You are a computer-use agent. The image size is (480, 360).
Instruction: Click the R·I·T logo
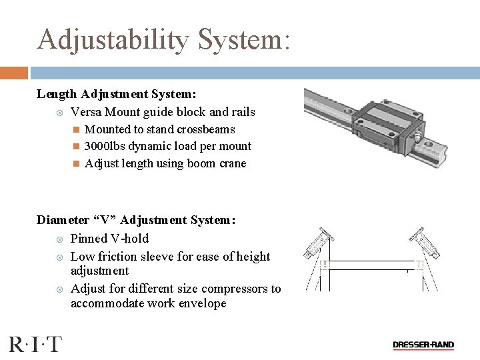pyautogui.click(x=35, y=345)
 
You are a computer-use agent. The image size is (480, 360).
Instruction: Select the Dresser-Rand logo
pyautogui.click(x=423, y=345)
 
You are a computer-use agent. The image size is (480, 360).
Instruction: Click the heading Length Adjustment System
pyautogui.click(x=116, y=95)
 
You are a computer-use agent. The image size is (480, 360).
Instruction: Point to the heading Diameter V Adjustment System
pyautogui.click(x=136, y=220)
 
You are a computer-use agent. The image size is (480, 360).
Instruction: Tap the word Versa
pyautogui.click(x=86, y=112)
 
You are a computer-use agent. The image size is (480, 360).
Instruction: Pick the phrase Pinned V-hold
pyautogui.click(x=109, y=238)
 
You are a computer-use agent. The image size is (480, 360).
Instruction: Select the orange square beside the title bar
pyautogui.click(x=13, y=73)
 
